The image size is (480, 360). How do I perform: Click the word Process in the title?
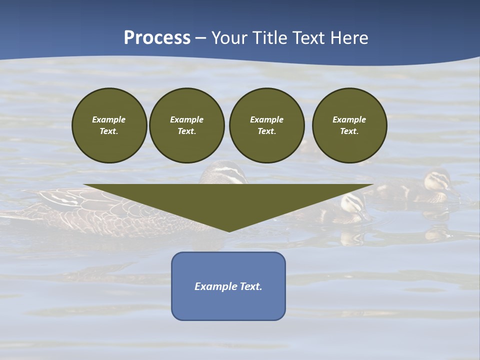157,38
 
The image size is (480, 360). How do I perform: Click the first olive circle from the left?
109,125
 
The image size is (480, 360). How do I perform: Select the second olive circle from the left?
186,125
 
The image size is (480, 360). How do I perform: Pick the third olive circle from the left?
266,125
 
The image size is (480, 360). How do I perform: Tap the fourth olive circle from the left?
349,125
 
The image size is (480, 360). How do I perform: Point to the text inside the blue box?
228,286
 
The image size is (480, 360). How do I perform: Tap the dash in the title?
200,38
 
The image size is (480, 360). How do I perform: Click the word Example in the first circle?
109,119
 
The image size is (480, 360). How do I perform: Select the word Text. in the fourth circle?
349,131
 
